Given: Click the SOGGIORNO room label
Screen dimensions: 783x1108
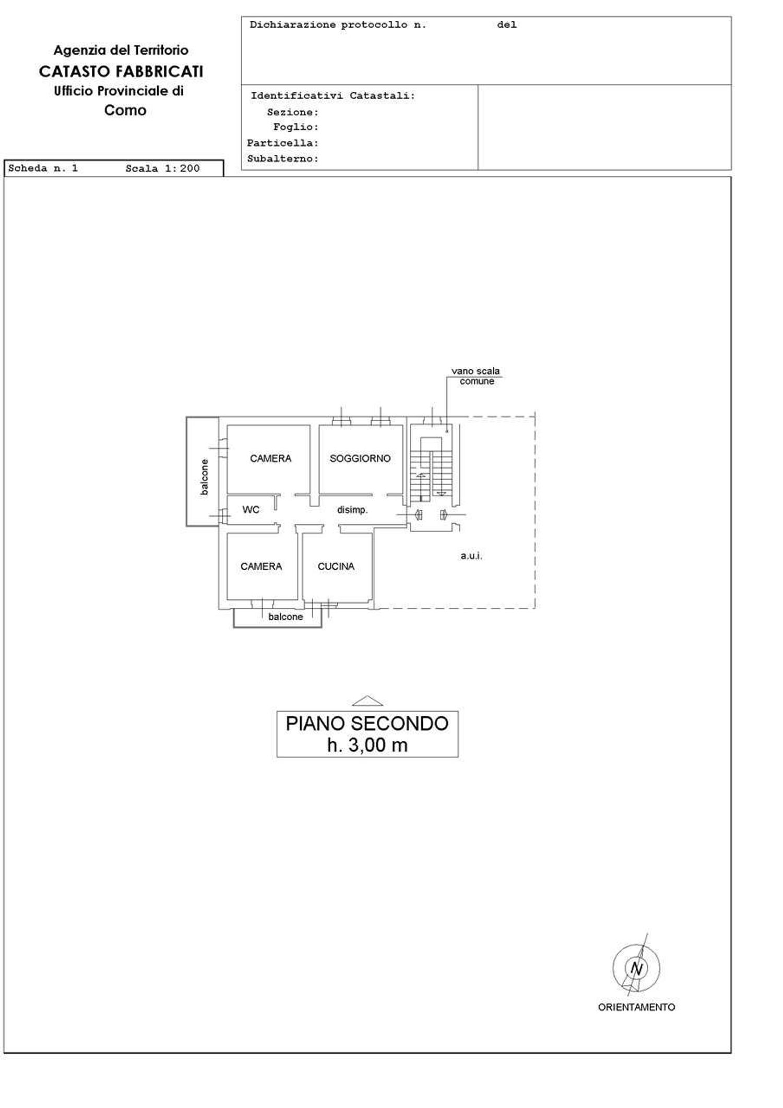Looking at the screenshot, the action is pos(360,459).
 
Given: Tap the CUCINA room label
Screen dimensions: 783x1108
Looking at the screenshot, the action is pos(336,567).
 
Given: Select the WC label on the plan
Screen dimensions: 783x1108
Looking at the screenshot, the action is pos(251,510).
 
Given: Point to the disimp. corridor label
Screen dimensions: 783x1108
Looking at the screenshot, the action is pos(352,510).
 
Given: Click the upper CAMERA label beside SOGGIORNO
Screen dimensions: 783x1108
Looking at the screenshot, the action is pos(270,459).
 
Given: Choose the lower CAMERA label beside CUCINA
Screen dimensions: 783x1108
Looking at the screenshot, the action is pos(261,567).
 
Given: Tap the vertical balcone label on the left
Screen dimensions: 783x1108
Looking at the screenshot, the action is pos(204,477).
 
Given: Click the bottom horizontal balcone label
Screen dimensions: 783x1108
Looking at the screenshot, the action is pos(286,617).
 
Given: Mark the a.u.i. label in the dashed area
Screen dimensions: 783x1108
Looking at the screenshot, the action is pos(471,556).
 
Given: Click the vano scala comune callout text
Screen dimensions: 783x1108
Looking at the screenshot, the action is pos(476,376).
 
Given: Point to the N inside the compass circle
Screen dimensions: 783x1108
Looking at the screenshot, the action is pos(636,969).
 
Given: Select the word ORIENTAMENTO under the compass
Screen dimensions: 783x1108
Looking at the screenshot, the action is pos(636,1007).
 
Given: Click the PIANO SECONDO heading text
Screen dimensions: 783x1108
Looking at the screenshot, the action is pos(367,724).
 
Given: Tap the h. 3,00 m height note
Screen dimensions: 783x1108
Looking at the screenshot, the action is pos(367,745).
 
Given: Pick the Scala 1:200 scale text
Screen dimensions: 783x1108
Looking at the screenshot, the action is pos(162,168).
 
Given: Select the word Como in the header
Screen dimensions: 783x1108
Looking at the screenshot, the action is pos(125,111).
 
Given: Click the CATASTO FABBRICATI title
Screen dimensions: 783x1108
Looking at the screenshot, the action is pos(121,71).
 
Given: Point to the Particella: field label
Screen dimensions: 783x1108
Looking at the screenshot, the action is pos(282,143).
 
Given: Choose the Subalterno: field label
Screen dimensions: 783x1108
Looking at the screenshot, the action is pos(282,159).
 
